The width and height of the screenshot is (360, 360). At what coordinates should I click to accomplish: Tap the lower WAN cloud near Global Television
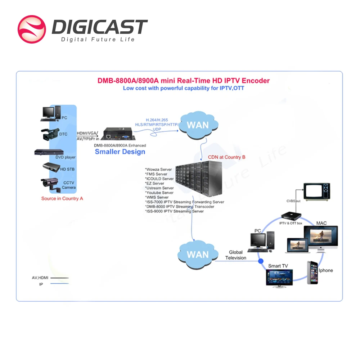pos(198,255)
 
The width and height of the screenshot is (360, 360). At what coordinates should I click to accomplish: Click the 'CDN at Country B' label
pos(226,157)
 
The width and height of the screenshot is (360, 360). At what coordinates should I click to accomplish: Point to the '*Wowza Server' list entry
pos(158,169)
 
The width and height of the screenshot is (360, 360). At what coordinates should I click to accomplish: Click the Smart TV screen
pos(279,277)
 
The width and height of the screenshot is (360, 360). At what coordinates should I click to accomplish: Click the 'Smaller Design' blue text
pos(120,152)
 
